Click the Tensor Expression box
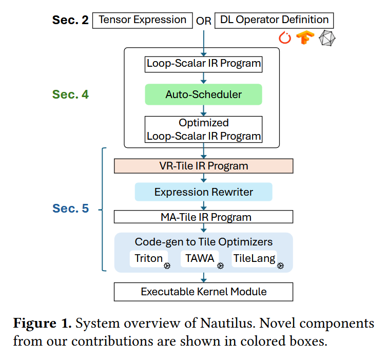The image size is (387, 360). pyautogui.click(x=142, y=21)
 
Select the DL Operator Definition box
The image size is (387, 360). pyautogui.click(x=274, y=21)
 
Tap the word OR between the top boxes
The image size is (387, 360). pyautogui.click(x=204, y=21)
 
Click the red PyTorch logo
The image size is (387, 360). pyautogui.click(x=285, y=38)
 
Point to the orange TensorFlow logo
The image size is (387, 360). pyautogui.click(x=305, y=38)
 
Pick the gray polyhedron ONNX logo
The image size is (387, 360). pyautogui.click(x=327, y=38)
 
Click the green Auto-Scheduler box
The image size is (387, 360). pyautogui.click(x=203, y=94)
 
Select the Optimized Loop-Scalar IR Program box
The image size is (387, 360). pyautogui.click(x=203, y=129)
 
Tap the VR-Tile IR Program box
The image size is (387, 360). pyautogui.click(x=203, y=166)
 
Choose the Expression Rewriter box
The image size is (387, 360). pyautogui.click(x=203, y=192)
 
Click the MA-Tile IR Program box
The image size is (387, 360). pyautogui.click(x=203, y=217)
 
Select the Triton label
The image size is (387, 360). pyautogui.click(x=149, y=258)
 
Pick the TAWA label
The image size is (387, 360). pyautogui.click(x=200, y=258)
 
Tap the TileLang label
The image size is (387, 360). pyautogui.click(x=254, y=258)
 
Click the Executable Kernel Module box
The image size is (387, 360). pyautogui.click(x=203, y=292)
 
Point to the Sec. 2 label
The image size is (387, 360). pyautogui.click(x=70, y=20)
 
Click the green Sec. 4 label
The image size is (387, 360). pyautogui.click(x=70, y=94)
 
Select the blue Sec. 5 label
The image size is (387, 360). pyautogui.click(x=70, y=208)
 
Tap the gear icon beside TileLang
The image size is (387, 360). pyautogui.click(x=280, y=266)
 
